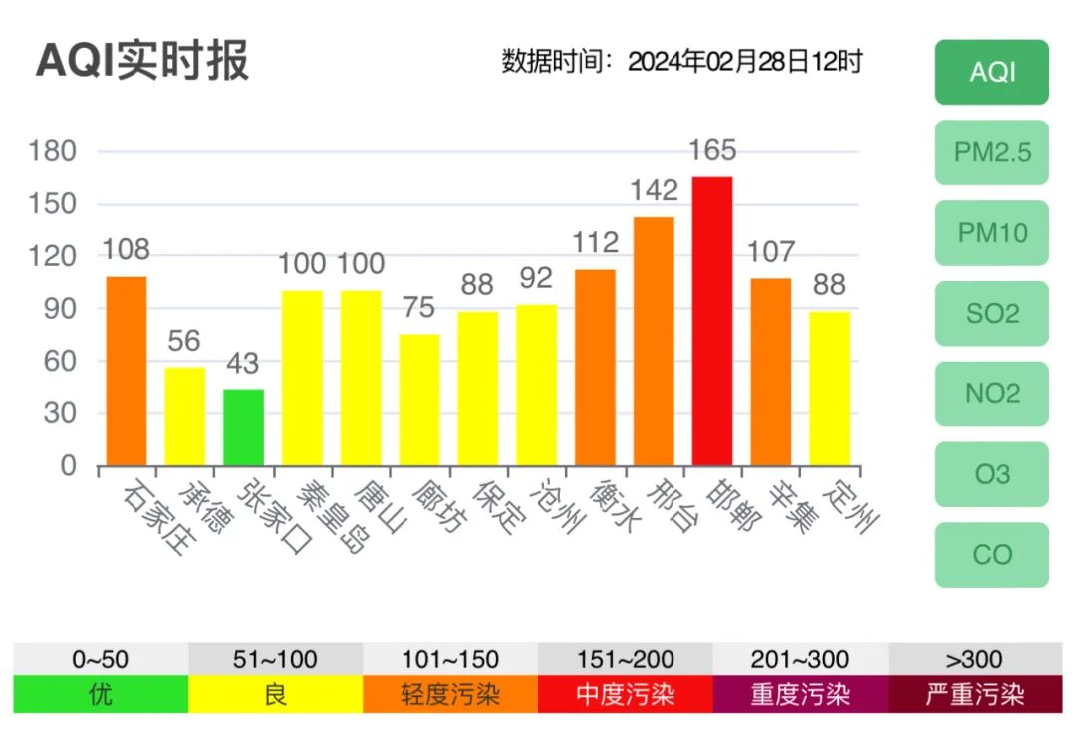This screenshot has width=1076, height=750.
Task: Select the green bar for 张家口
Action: click(x=243, y=427)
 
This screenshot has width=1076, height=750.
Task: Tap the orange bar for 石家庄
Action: click(x=127, y=371)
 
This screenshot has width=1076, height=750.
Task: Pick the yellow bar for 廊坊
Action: click(x=419, y=399)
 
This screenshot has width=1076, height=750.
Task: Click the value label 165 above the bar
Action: click(x=712, y=150)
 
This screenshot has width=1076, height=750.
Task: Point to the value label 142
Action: click(x=654, y=190)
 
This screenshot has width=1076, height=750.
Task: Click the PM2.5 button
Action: click(x=991, y=152)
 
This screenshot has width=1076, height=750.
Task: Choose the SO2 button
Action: click(x=991, y=314)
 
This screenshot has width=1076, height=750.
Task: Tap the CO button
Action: click(x=991, y=554)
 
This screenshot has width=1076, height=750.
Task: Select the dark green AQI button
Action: click(x=991, y=72)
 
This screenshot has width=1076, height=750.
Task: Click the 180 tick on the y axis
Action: click(x=54, y=151)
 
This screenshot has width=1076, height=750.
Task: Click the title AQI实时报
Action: click(x=142, y=61)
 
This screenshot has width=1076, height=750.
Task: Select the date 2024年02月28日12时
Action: click(x=744, y=62)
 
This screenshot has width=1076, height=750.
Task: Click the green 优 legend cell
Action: click(x=101, y=694)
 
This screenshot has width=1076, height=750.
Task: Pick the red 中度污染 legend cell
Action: click(x=625, y=694)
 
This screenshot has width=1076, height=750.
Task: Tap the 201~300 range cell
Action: click(x=799, y=659)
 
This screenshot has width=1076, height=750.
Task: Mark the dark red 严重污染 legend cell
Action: click(x=974, y=694)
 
